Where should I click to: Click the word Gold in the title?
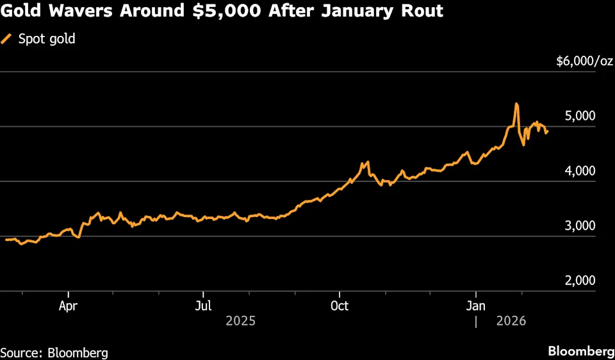25,12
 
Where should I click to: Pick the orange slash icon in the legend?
7,39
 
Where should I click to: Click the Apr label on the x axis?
69,306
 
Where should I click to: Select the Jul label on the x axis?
204,306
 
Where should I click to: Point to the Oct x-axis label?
340,306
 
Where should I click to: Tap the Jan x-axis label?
475,306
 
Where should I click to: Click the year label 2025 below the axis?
240,320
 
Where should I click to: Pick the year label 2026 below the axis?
511,320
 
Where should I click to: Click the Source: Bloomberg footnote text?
54,352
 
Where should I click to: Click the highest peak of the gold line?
516,104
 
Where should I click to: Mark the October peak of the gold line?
368,162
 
